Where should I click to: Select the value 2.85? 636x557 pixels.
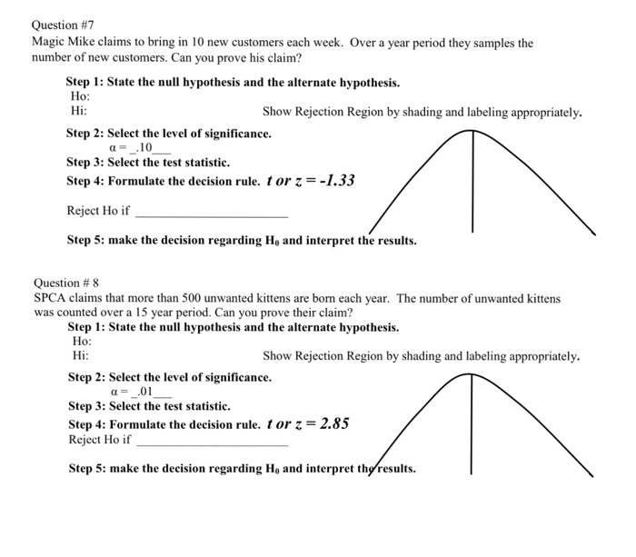click(330, 423)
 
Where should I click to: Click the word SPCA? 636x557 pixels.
click(52, 298)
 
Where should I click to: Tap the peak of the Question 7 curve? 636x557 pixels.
click(472, 132)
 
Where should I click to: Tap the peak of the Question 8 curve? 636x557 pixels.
click(472, 375)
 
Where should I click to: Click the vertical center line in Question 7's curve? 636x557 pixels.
click(472, 182)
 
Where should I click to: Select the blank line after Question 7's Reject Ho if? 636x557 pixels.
click(210, 215)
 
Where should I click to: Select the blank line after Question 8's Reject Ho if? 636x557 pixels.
click(211, 444)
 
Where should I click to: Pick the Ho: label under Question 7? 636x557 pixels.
click(80, 96)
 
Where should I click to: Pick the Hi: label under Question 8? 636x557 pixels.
click(80, 355)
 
